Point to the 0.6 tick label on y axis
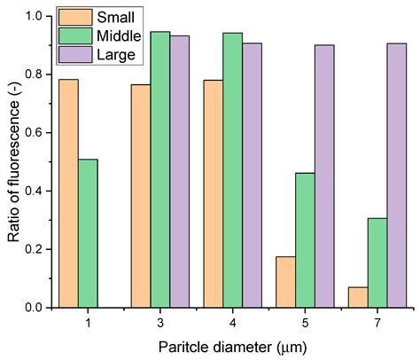pyautogui.click(x=38, y=133)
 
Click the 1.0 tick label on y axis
pyautogui.click(x=38, y=16)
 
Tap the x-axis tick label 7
pyautogui.click(x=377, y=323)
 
